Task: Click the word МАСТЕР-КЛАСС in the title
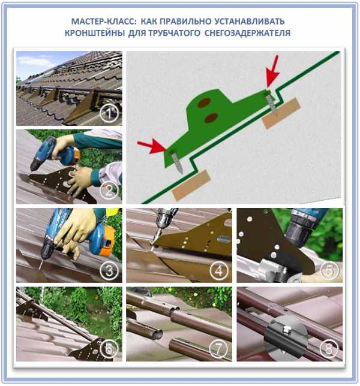click(103, 22)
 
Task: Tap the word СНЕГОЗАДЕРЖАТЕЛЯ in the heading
click(247, 33)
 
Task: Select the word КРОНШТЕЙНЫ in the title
click(95, 33)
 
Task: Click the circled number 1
click(109, 113)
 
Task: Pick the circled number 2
click(109, 190)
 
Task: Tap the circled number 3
click(109, 270)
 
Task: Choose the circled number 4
click(219, 270)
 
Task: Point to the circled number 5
click(329, 270)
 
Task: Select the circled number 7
click(218, 348)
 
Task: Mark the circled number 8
click(329, 348)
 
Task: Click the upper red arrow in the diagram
click(273, 73)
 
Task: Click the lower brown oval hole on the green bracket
click(211, 117)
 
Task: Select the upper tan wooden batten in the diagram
click(281, 113)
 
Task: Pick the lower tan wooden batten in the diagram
click(191, 185)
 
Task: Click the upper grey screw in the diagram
click(272, 104)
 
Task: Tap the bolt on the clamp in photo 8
click(286, 328)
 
